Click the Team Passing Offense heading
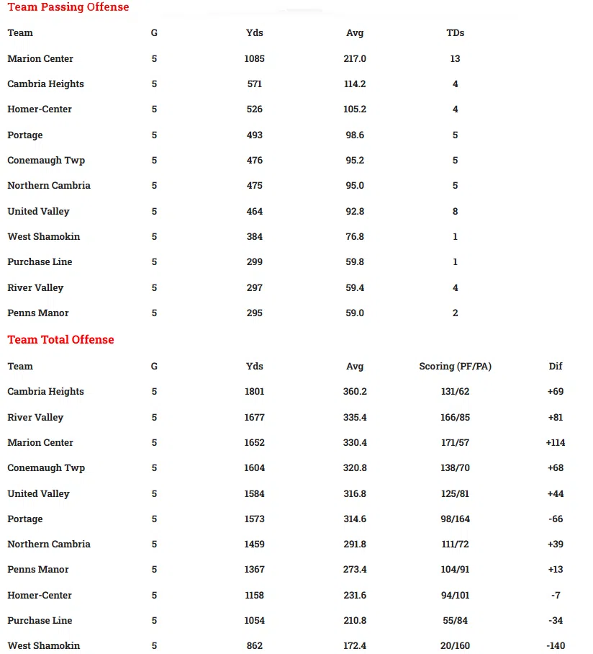tap(68, 7)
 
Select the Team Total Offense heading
tap(60, 340)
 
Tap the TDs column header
tap(456, 33)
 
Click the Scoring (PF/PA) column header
tap(456, 367)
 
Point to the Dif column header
tap(556, 367)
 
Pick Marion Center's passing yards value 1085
tap(255, 59)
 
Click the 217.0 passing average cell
tap(355, 59)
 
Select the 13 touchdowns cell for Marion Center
tap(456, 59)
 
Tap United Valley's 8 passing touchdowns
tap(456, 212)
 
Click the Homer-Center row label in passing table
tap(40, 109)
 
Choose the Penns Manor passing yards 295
tap(255, 313)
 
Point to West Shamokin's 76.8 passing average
tap(355, 237)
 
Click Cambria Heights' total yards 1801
tap(255, 392)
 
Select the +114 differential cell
tap(556, 443)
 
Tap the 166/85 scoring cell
tap(456, 418)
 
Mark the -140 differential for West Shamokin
tap(556, 646)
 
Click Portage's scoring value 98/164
tap(456, 519)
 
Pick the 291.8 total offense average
tap(355, 545)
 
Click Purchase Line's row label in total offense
tap(40, 621)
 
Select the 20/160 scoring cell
tap(456, 646)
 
